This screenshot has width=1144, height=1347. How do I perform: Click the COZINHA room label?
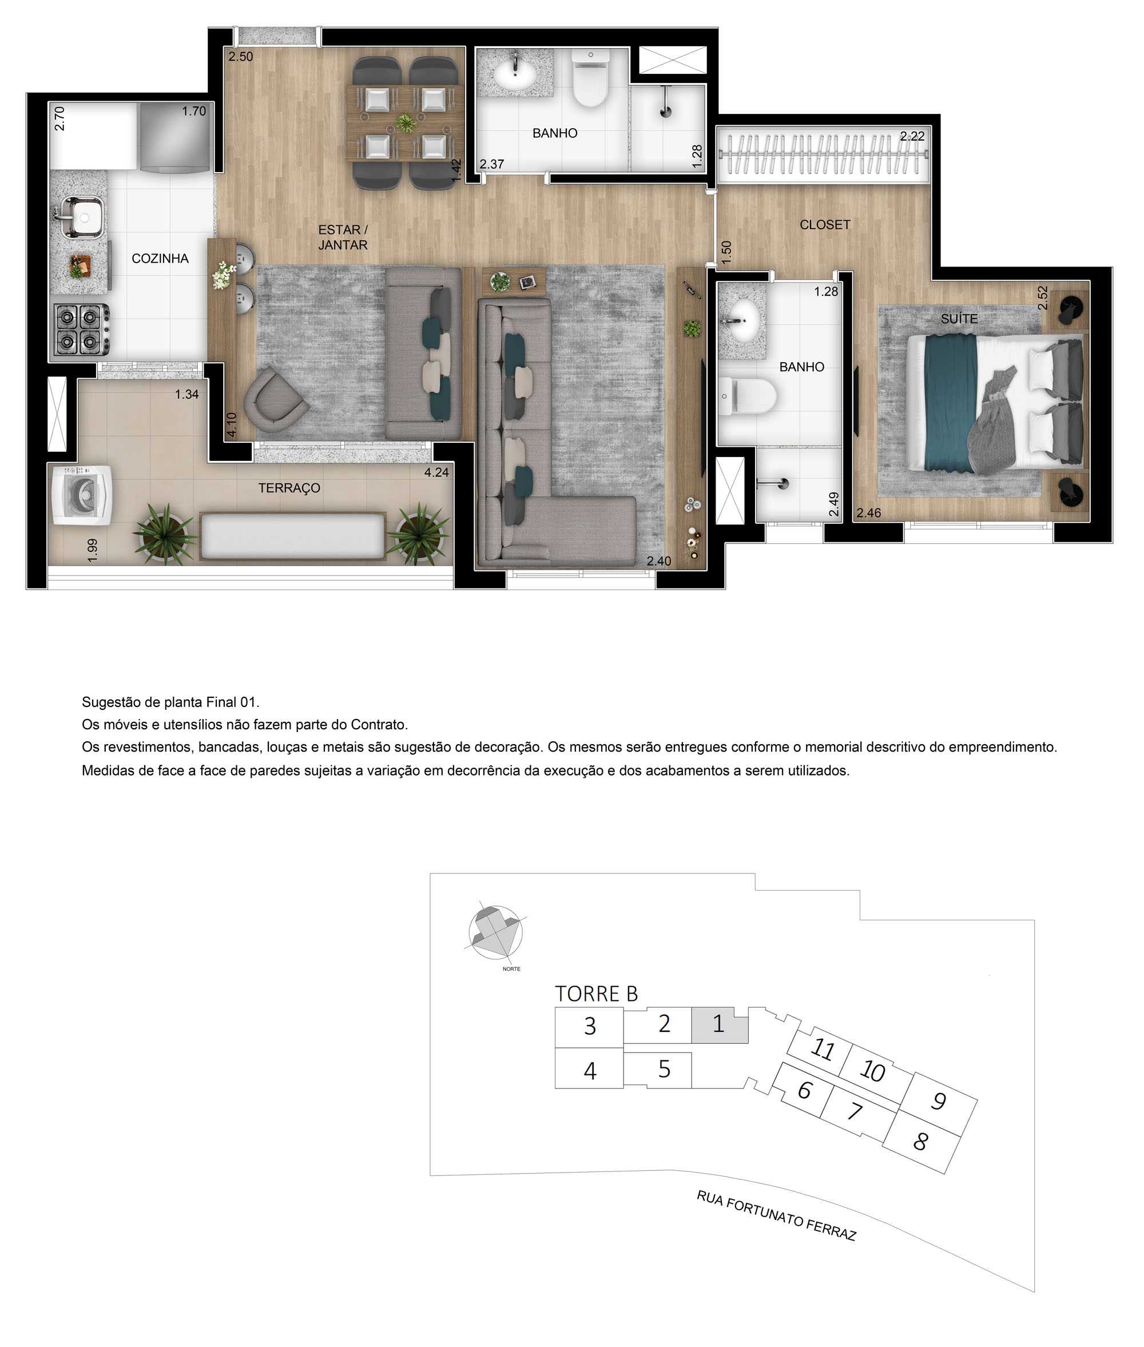[160, 259]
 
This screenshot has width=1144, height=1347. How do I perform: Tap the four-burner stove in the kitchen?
[81, 329]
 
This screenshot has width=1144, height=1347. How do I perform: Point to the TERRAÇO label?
[289, 488]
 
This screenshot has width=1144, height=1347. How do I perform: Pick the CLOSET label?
[824, 225]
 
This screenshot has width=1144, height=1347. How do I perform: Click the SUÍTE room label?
[959, 319]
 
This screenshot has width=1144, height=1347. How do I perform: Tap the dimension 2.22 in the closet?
[911, 136]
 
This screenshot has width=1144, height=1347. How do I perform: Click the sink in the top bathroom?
[515, 73]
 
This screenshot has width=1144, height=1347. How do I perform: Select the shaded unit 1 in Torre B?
[718, 1024]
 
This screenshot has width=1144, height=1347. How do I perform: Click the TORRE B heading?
[596, 994]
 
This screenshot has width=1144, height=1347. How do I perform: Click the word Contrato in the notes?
[378, 725]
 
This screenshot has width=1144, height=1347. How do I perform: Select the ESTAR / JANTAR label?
[343, 237]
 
